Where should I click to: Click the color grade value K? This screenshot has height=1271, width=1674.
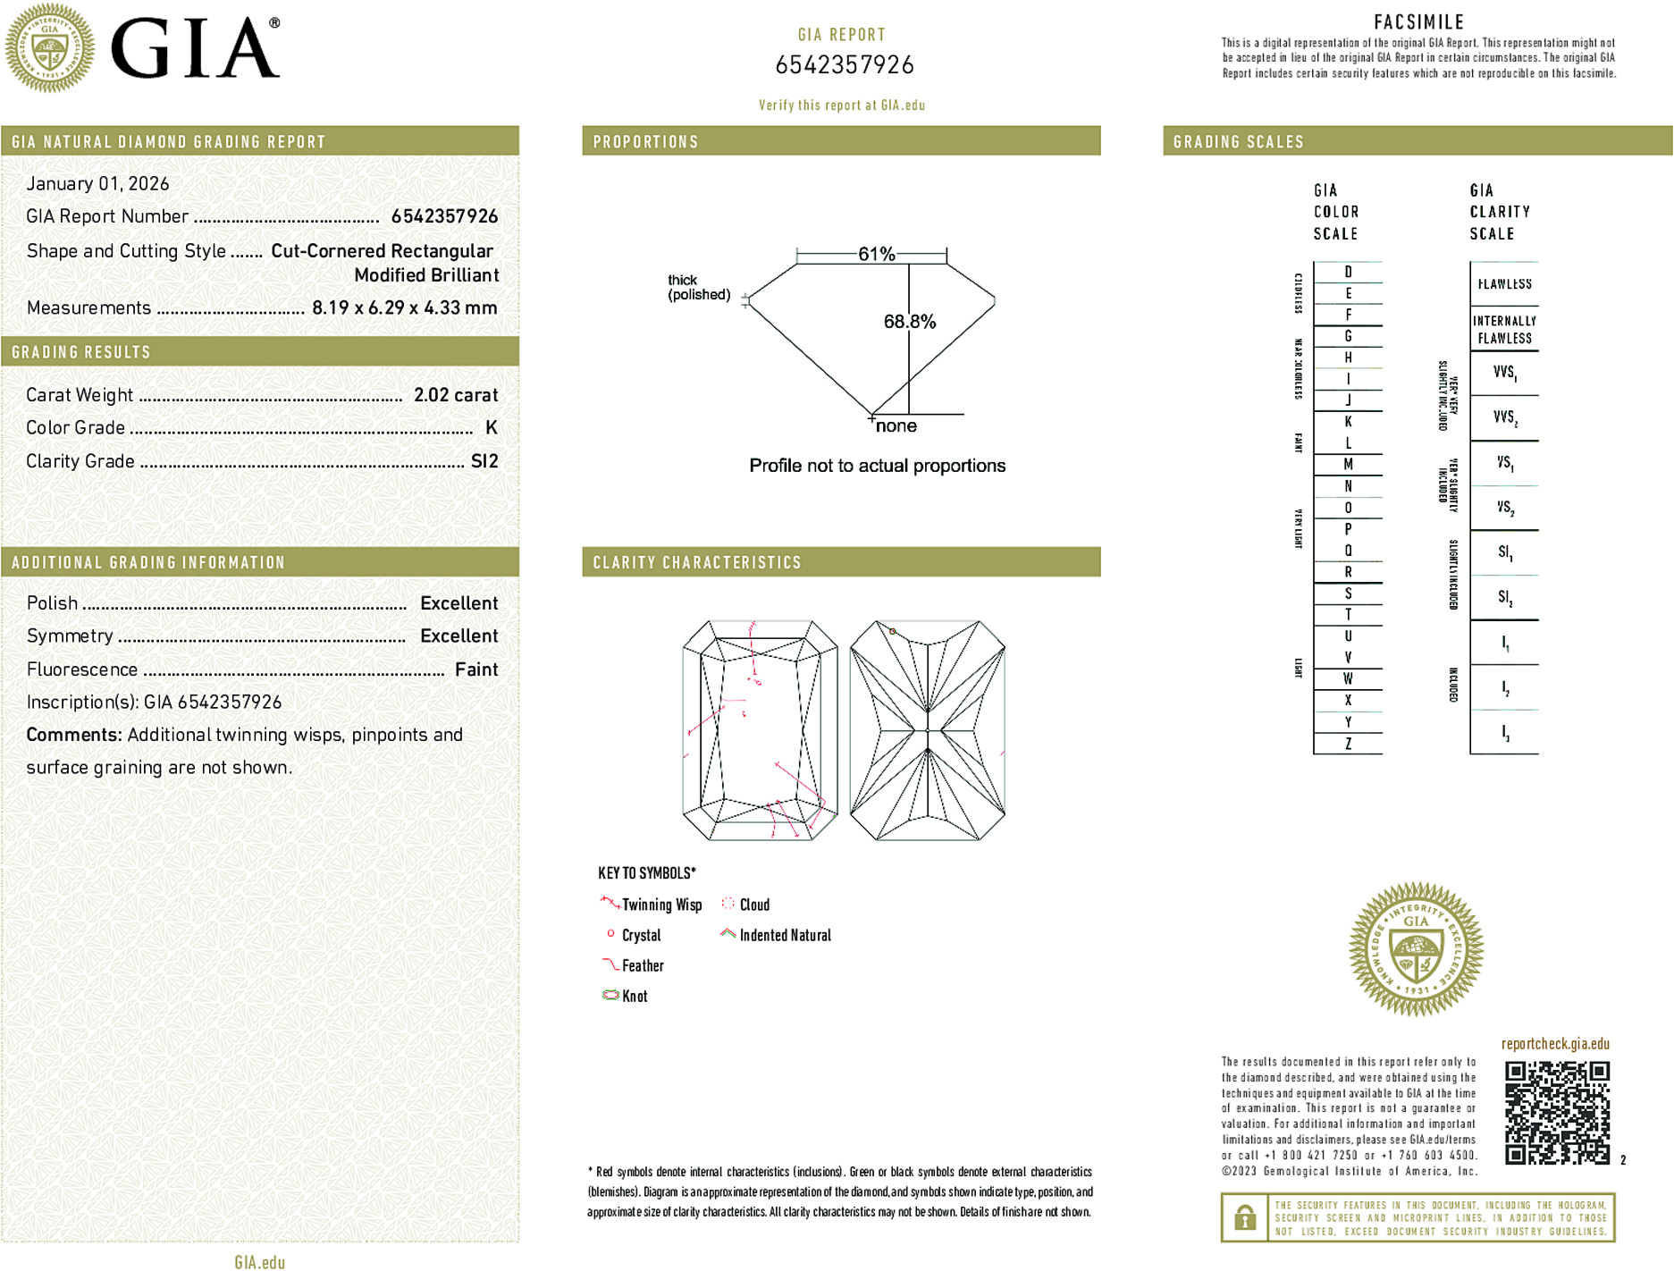click(x=491, y=428)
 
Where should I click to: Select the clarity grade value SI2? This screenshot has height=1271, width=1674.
click(x=484, y=461)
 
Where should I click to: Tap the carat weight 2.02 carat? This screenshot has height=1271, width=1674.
click(x=456, y=395)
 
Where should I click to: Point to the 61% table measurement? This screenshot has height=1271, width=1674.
click(x=876, y=254)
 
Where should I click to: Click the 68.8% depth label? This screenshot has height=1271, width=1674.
click(x=909, y=322)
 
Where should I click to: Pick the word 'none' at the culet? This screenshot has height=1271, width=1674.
click(x=896, y=426)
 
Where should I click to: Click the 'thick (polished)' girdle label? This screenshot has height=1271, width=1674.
click(x=698, y=287)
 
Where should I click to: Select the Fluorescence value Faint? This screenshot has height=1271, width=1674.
click(x=476, y=669)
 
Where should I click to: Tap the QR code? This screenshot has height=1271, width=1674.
click(x=1556, y=1113)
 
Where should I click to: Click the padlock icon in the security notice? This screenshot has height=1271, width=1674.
click(x=1244, y=1217)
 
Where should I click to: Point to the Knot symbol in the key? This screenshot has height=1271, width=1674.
click(x=611, y=995)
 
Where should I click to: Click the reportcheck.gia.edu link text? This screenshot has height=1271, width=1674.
click(x=1555, y=1044)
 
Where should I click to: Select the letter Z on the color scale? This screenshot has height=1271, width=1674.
click(x=1348, y=744)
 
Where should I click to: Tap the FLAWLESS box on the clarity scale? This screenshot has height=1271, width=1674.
click(x=1504, y=284)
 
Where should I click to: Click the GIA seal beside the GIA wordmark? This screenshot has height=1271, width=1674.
click(x=49, y=48)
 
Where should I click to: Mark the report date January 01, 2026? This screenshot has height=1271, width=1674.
click(x=97, y=183)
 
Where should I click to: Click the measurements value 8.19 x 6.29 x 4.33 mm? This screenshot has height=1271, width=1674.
click(x=404, y=308)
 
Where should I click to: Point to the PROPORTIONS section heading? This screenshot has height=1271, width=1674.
click(x=645, y=142)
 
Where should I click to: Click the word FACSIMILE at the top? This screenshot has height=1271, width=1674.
click(x=1418, y=22)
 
